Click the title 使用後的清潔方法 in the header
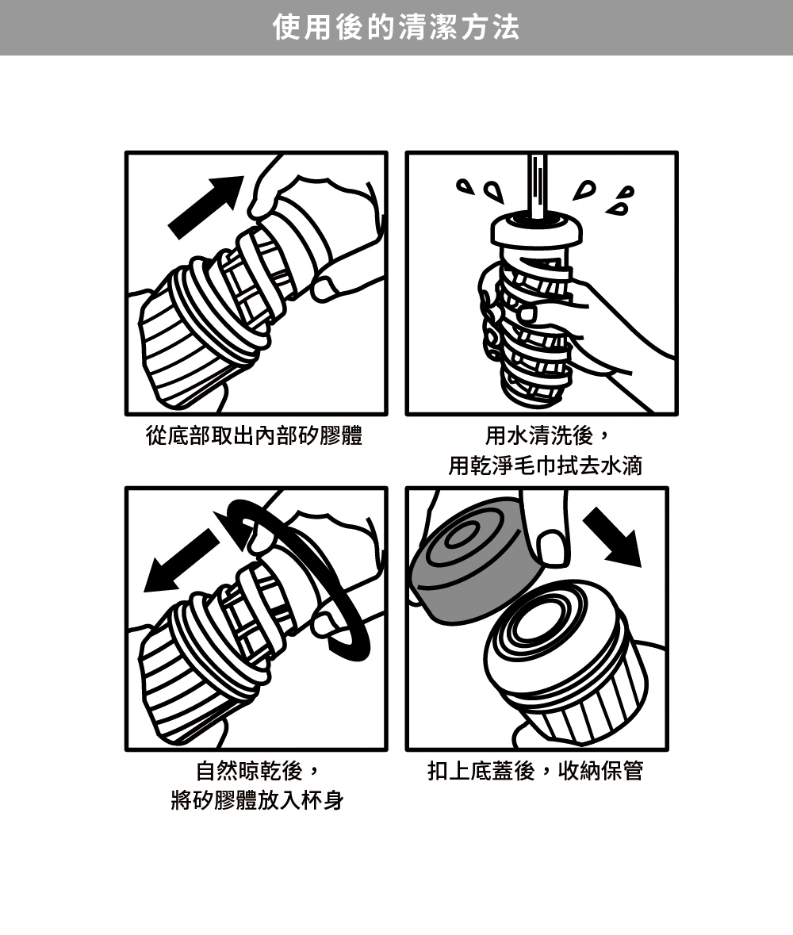click(x=396, y=28)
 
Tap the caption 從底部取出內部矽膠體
click(x=255, y=436)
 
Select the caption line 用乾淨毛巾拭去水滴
click(x=545, y=466)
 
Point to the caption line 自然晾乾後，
click(x=259, y=771)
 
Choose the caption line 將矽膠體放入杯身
click(x=257, y=800)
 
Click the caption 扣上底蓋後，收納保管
click(x=535, y=771)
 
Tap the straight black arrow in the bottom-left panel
click(x=182, y=561)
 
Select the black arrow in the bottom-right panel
click(x=612, y=537)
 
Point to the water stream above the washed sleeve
click(x=537, y=185)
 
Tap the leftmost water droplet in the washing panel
click(x=465, y=187)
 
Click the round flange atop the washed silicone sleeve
click(x=537, y=229)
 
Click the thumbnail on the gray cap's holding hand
click(x=551, y=548)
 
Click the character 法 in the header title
click(x=506, y=28)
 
